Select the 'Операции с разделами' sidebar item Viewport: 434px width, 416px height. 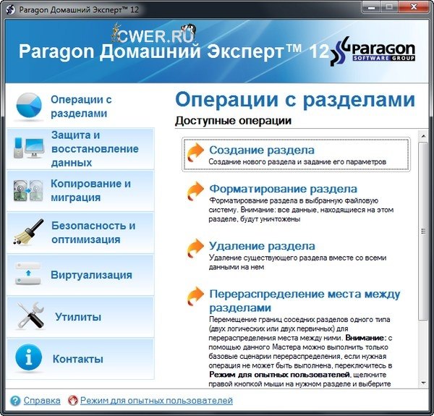coord(80,106)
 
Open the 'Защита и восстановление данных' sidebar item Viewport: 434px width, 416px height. coord(94,148)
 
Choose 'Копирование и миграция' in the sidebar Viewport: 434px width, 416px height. coord(90,190)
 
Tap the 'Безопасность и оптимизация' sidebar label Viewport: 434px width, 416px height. coord(93,232)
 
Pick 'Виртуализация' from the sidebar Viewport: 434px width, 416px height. coord(91,275)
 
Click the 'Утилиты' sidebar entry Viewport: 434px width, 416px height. coord(78,317)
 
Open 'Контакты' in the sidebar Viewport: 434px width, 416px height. coord(78,359)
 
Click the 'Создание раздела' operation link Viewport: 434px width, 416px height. coord(261,150)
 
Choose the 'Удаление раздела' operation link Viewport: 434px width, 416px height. coord(262,246)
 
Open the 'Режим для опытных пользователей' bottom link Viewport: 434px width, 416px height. coord(156,400)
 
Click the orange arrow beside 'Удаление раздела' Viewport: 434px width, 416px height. coord(195,248)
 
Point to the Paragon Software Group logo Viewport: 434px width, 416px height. coord(382,53)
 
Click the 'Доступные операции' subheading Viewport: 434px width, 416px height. coord(233,120)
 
